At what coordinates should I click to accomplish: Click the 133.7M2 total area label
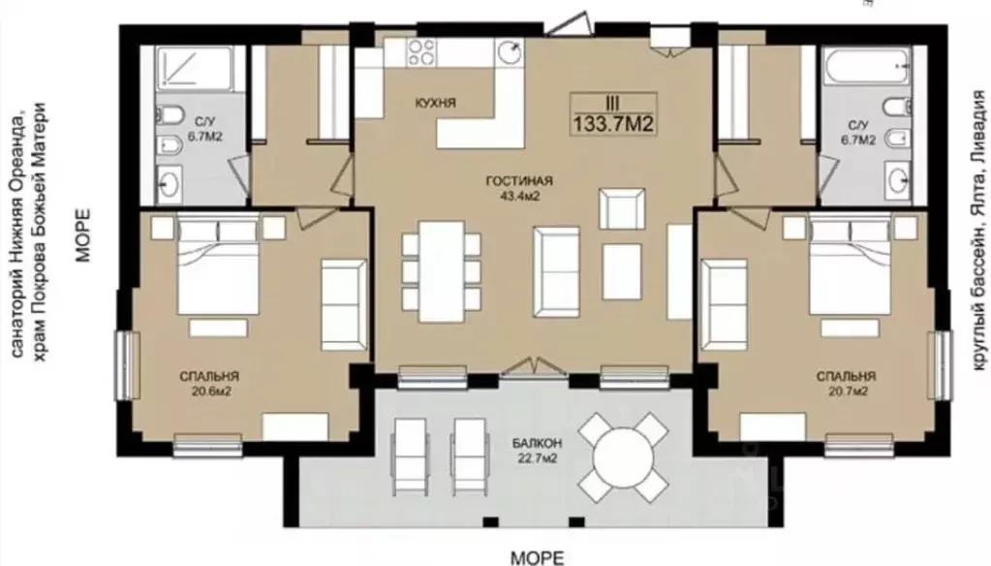tap(613, 124)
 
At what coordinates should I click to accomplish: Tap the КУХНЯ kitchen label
tap(436, 103)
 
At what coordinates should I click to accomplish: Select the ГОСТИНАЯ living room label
tap(519, 181)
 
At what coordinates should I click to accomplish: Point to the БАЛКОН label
tap(538, 443)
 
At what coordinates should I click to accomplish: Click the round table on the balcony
tap(623, 456)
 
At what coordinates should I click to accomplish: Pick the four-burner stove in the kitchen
tap(421, 52)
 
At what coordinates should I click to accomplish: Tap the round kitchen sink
tap(510, 52)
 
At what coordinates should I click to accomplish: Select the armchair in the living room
tap(622, 208)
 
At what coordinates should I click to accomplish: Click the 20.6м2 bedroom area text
tap(211, 392)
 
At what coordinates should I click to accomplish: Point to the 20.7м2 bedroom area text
tap(847, 392)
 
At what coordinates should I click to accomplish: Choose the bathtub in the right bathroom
tap(866, 65)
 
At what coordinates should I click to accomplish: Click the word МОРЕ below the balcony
tap(537, 557)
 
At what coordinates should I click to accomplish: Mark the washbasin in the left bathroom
tap(170, 184)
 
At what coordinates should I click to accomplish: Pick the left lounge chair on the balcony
tap(410, 456)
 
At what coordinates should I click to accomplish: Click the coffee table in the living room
tap(622, 272)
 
